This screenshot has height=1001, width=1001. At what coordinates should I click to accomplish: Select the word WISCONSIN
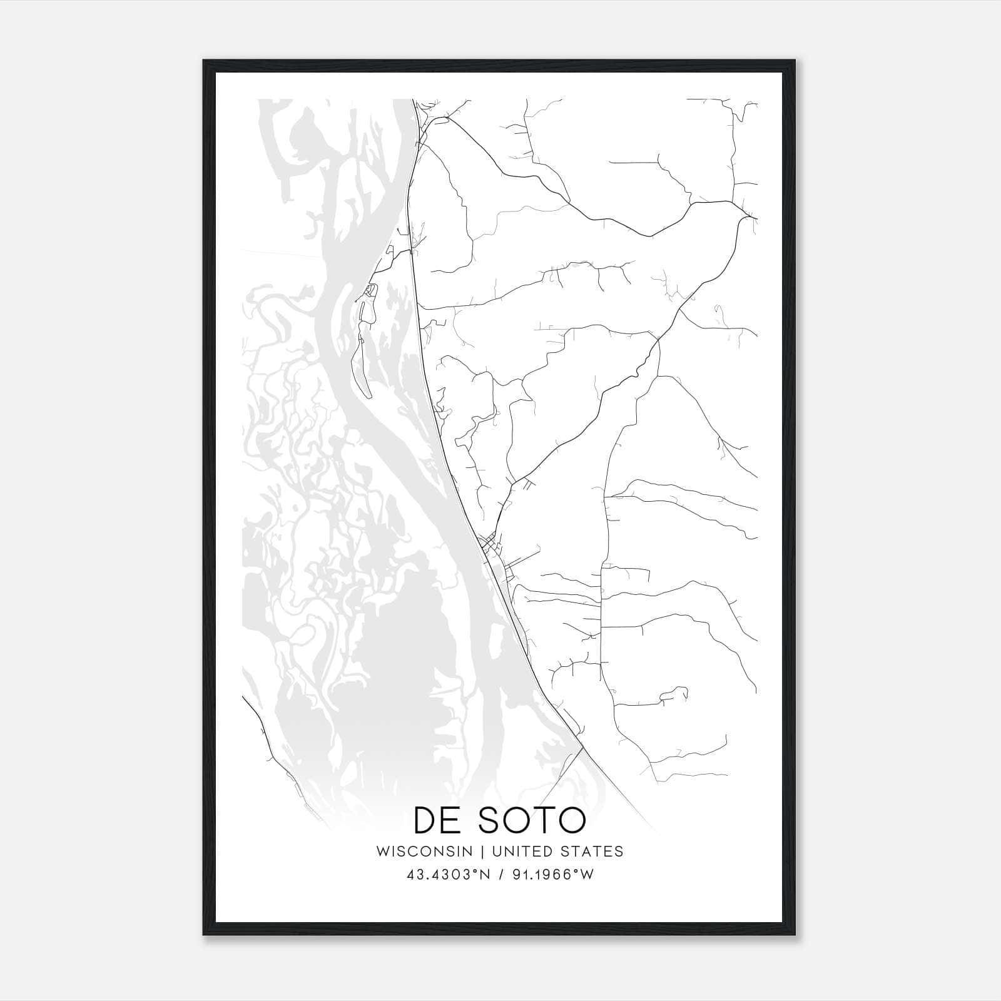click(x=429, y=851)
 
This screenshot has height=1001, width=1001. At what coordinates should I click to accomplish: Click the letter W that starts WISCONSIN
click(x=383, y=851)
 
